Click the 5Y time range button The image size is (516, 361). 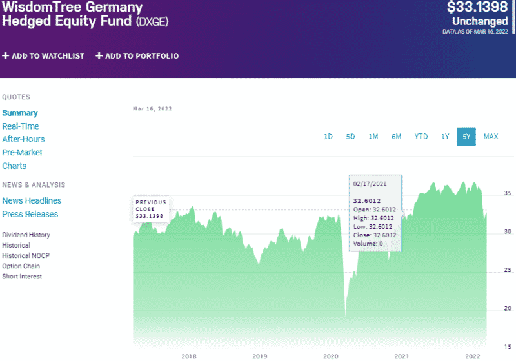[466, 137]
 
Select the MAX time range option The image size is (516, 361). [490, 137]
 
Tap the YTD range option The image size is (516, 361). [421, 137]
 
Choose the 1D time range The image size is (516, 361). [328, 137]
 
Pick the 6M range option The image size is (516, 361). [396, 137]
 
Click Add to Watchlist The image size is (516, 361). [43, 56]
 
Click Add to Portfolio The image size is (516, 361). [137, 56]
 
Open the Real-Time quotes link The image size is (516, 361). [21, 126]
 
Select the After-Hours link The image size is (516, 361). [23, 139]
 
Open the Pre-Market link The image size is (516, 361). [22, 153]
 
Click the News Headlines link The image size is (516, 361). [32, 200]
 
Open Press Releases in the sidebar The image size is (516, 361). [30, 214]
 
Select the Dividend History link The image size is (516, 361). [26, 235]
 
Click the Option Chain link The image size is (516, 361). [21, 266]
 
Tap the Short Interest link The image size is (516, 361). [22, 277]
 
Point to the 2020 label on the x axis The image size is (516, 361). [330, 356]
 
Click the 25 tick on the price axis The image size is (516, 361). [508, 270]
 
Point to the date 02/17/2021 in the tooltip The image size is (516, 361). [368, 183]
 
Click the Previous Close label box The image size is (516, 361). [151, 209]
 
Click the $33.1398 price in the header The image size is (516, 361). [477, 8]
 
